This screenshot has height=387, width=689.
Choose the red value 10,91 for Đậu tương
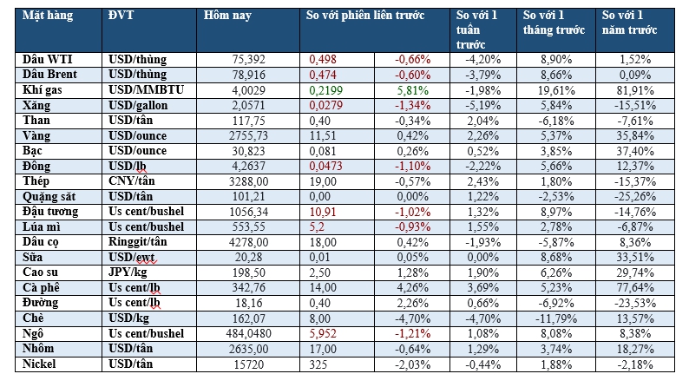coord(324,211)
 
